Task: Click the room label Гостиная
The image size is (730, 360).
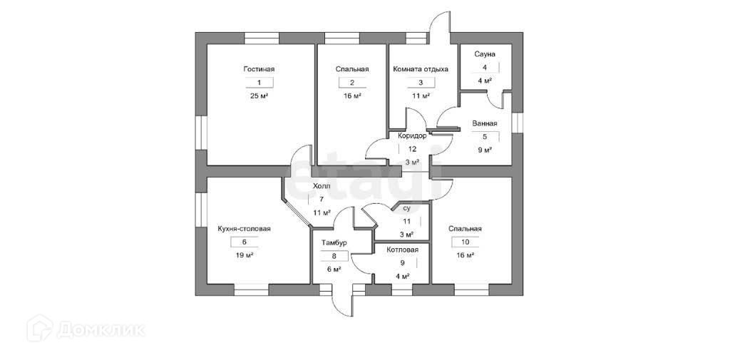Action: coord(258,69)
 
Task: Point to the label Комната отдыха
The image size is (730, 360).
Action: coord(421,69)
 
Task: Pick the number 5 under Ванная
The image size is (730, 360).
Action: coord(484,137)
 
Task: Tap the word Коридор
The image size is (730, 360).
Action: coord(412,135)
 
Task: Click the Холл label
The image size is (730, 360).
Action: coord(322,186)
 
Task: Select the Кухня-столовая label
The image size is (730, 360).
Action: coord(244,229)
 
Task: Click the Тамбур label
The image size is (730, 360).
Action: coord(334,242)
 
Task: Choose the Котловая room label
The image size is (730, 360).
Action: coord(403,250)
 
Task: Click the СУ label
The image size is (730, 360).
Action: coord(406,209)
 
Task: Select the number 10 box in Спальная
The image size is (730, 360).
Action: coord(465,242)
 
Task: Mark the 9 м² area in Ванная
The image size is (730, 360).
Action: coord(484,150)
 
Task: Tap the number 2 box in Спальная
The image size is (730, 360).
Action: coord(351,83)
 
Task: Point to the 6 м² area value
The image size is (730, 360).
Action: coord(334,269)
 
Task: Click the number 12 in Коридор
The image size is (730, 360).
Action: coord(412,149)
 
